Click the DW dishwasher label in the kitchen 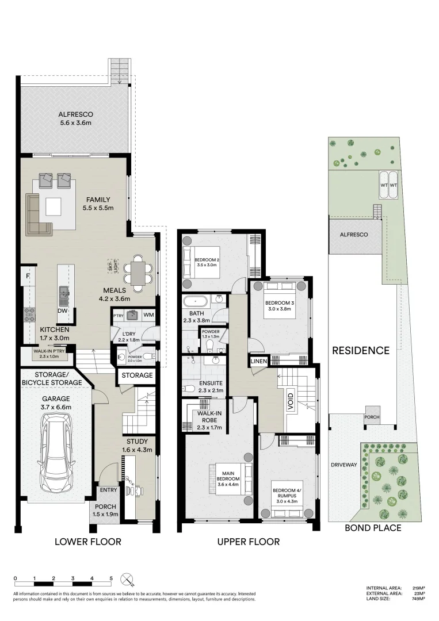point(63,310)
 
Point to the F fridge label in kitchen point(27,277)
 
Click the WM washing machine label point(148,315)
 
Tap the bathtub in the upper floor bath point(196,300)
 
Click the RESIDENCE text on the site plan point(360,350)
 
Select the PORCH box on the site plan point(371,418)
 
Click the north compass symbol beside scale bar point(127,579)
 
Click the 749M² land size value point(418,599)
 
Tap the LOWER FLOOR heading point(87,542)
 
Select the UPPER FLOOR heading point(248,542)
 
